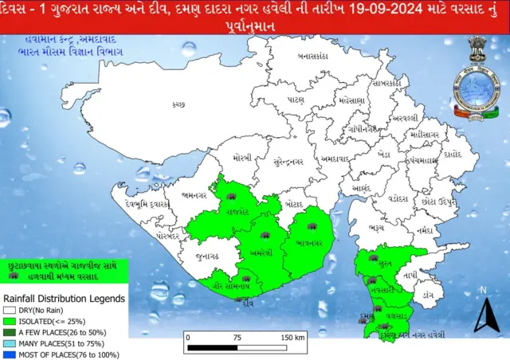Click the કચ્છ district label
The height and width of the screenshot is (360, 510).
(178, 104)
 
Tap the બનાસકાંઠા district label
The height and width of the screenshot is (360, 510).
(314, 57)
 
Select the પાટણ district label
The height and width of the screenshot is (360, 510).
(296, 101)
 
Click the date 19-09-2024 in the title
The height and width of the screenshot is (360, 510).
(388, 13)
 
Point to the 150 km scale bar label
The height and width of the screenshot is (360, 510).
(293, 338)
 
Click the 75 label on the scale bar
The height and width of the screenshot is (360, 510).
(237, 338)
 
